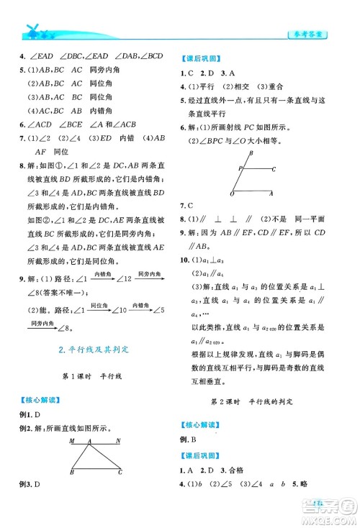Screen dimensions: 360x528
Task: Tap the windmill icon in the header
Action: [x=32, y=29]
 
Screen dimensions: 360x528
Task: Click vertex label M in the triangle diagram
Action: [x=70, y=440]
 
